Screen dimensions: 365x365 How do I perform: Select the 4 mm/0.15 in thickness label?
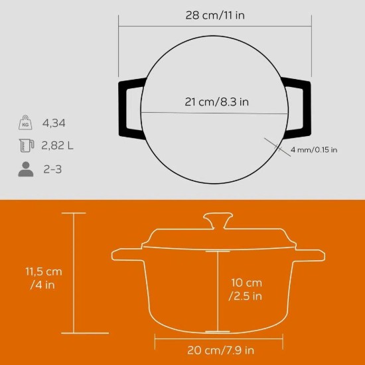(313, 150)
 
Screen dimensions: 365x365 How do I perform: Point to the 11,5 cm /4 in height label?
(44, 278)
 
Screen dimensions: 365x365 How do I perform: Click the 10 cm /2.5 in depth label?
(245, 287)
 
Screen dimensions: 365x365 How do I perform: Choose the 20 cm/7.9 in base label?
(216, 349)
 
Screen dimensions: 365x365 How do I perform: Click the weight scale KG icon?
(25, 123)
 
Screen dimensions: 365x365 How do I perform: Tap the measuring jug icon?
(25, 146)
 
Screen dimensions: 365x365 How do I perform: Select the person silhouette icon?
(25, 169)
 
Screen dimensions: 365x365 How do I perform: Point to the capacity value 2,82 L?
(58, 146)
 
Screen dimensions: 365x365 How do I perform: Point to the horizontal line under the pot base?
(216, 336)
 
